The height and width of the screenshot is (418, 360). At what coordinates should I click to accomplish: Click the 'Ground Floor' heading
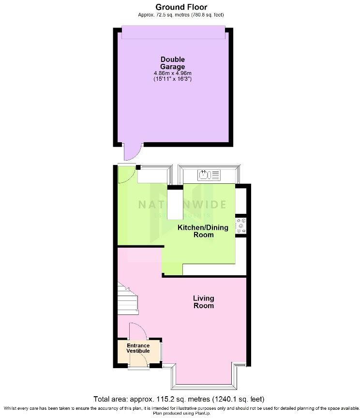[181, 7]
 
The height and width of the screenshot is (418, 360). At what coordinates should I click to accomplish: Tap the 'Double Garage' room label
[173, 63]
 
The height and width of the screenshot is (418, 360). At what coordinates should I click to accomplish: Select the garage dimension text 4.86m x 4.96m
[173, 73]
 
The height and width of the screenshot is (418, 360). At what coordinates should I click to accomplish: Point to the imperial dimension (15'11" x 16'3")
[173, 79]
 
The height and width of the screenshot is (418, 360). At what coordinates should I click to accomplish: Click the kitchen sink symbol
[209, 174]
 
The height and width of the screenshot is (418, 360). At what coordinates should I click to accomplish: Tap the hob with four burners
[241, 226]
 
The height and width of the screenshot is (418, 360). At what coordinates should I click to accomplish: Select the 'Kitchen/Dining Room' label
[196, 231]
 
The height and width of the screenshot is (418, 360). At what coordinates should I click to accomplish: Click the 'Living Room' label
[204, 302]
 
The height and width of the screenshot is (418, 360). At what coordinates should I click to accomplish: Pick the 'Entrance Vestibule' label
[138, 348]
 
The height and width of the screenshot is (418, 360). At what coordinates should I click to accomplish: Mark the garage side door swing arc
[131, 153]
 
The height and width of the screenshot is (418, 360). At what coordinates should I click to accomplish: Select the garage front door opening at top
[173, 32]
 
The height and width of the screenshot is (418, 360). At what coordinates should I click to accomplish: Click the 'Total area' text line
[180, 399]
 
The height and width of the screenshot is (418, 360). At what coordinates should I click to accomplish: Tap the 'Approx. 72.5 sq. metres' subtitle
[181, 15]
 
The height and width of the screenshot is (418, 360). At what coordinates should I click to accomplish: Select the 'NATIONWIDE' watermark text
[182, 204]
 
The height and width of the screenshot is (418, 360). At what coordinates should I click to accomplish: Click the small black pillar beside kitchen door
[138, 167]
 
